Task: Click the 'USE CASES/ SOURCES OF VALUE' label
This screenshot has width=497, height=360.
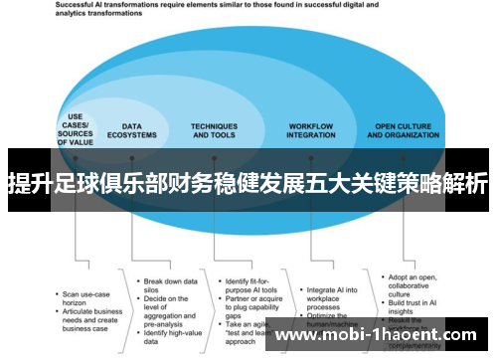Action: coord(75,129)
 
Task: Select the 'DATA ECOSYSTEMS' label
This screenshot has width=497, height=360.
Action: coord(139,130)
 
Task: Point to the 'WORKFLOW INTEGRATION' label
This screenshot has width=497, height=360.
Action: coord(311,130)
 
